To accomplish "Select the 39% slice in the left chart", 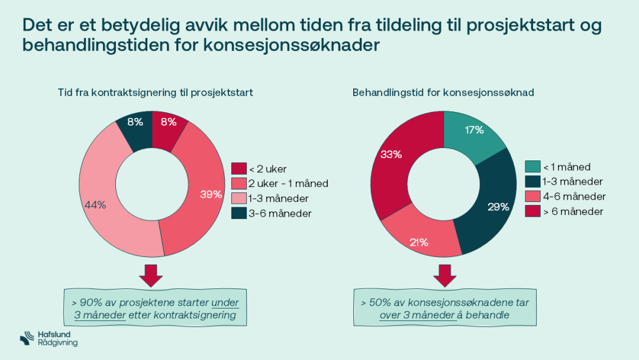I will (201, 189).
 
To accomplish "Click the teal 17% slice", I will (473, 133).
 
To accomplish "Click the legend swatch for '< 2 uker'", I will (238, 169).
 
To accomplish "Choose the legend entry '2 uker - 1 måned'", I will (288, 184).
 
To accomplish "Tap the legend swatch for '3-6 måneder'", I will (238, 214).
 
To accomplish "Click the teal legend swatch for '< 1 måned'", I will (531, 167).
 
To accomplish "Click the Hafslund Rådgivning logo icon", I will (27, 339).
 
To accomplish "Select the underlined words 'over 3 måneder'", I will (417, 315).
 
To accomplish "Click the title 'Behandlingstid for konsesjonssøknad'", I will (444, 93).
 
